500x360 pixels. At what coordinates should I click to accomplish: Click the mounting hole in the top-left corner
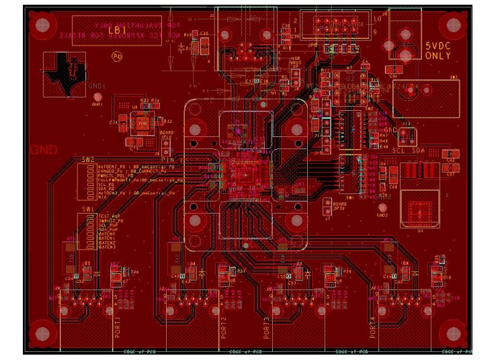click(42, 26)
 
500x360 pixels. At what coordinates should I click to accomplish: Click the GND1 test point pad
click(97, 97)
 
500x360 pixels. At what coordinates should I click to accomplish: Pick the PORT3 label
click(267, 328)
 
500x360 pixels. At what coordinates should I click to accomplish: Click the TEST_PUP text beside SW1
click(109, 216)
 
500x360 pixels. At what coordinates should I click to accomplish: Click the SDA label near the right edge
click(418, 150)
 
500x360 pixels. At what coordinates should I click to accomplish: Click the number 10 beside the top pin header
click(376, 19)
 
